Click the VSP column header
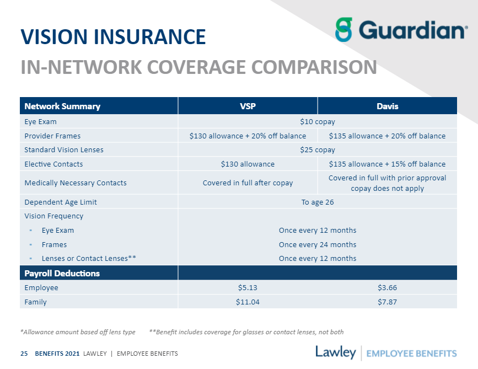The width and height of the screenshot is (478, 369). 248,106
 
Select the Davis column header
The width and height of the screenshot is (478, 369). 387,106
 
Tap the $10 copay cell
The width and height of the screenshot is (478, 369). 317,121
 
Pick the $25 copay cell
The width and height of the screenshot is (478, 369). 317,149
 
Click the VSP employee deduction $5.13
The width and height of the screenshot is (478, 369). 248,287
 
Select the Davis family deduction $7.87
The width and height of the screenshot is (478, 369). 387,302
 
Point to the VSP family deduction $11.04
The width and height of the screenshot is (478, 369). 248,302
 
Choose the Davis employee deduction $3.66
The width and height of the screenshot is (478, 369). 387,287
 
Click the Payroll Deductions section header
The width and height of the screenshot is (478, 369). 62,273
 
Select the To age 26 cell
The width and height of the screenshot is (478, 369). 317,202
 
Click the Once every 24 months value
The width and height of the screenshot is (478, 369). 317,244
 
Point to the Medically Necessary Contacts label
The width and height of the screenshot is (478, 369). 75,183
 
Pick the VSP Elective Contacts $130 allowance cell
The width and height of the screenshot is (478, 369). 248,164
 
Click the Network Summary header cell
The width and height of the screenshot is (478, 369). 62,106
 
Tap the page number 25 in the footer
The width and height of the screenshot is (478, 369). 24,353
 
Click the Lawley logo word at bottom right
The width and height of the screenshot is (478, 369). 335,352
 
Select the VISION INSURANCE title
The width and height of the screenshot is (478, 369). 113,37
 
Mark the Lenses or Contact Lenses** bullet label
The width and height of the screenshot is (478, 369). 89,258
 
